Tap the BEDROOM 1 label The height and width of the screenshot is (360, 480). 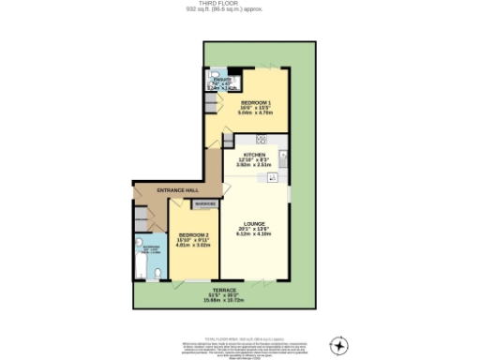pyautogui.click(x=256, y=101)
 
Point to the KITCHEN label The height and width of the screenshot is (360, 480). pyautogui.click(x=255, y=155)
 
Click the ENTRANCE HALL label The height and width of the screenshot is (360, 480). pyautogui.click(x=177, y=190)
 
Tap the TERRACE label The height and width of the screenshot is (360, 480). pyautogui.click(x=223, y=291)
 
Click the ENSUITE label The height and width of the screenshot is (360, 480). pyautogui.click(x=221, y=81)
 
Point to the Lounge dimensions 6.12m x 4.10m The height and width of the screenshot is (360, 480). pyautogui.click(x=256, y=235)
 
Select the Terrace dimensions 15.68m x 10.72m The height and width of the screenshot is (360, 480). pyautogui.click(x=223, y=301)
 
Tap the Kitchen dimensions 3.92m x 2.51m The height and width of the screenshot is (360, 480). pyautogui.click(x=255, y=165)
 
